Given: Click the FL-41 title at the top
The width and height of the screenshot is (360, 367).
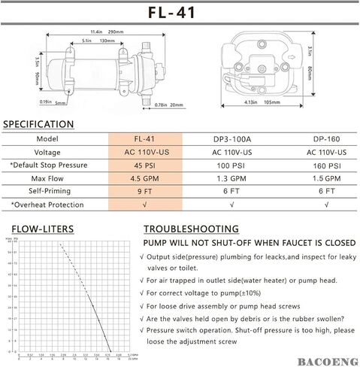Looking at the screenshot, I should (180, 13).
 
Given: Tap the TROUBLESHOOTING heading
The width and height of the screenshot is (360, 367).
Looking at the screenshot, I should (191, 229).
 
